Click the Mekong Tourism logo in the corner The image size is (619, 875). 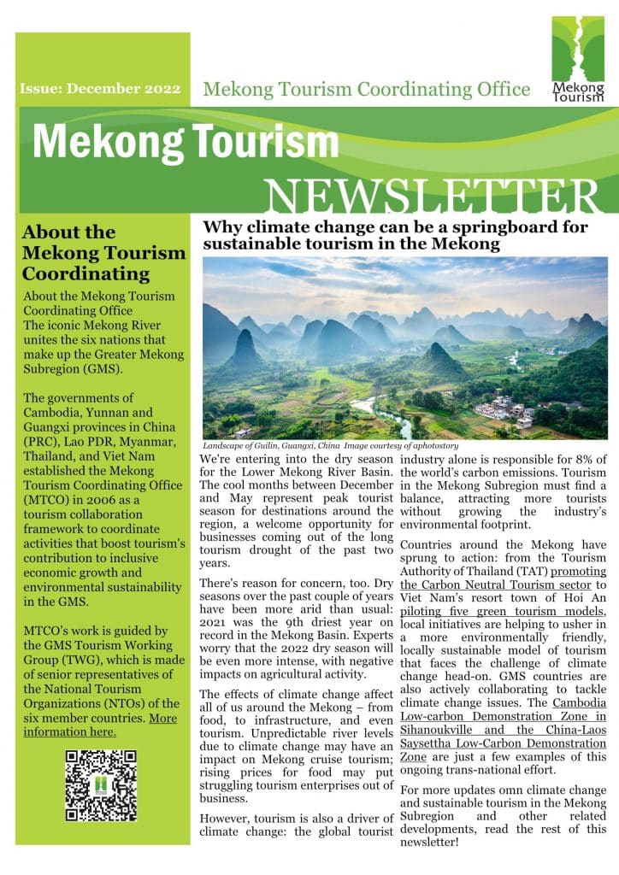(x=577, y=58)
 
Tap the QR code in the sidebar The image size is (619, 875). (x=101, y=784)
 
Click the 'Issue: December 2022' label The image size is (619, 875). (x=99, y=89)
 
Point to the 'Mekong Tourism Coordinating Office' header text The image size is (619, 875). (x=366, y=89)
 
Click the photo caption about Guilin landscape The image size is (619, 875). (x=331, y=445)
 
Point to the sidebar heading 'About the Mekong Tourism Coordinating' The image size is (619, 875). (x=103, y=253)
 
